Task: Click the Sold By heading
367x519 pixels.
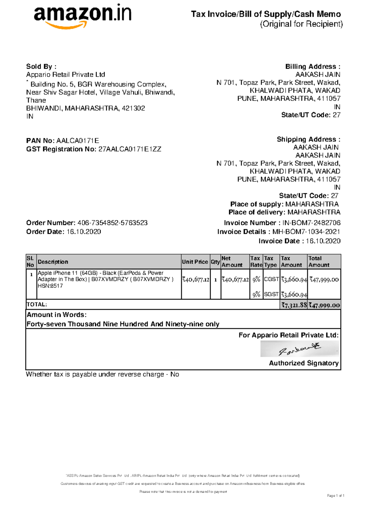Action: [x=41, y=67]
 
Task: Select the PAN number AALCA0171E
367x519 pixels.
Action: [x=78, y=141]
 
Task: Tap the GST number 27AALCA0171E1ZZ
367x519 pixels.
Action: [x=129, y=149]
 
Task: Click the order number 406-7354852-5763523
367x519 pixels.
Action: [x=112, y=223]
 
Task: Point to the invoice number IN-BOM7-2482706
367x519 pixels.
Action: [x=311, y=223]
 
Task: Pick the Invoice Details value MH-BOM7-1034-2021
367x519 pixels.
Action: [x=306, y=232]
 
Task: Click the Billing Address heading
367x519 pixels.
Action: [x=313, y=67]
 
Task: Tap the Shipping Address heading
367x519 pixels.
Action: [x=308, y=140]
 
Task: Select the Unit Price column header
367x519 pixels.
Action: [x=195, y=262]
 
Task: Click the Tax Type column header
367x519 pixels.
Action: [x=270, y=262]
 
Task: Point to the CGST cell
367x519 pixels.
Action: [x=271, y=279]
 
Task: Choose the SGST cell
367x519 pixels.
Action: [x=271, y=294]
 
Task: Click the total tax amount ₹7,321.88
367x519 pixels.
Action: [x=294, y=305]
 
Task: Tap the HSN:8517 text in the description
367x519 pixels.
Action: [x=50, y=286]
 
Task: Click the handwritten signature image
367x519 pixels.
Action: [x=299, y=349]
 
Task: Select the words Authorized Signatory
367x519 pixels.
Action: [x=304, y=363]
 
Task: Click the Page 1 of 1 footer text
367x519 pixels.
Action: [x=335, y=496]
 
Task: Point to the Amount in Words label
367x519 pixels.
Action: [x=57, y=315]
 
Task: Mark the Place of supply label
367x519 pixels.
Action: [x=257, y=204]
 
